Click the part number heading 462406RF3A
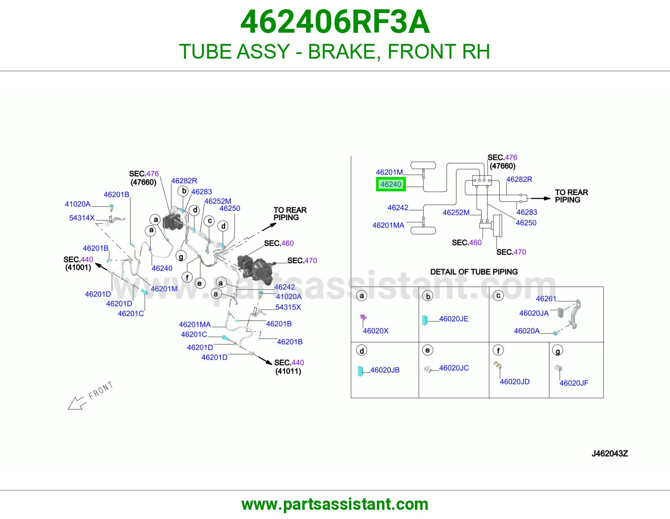point(335,22)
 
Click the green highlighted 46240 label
point(391,184)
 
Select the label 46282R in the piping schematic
point(519,180)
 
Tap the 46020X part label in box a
point(376,331)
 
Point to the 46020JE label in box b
point(454,319)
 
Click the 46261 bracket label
point(546,299)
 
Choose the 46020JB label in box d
point(385,370)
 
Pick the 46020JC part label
point(454,367)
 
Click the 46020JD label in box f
point(515,382)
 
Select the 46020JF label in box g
point(574,383)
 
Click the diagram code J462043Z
point(610,453)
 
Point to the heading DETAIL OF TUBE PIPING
point(474,272)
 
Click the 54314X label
point(82,218)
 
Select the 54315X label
point(288,307)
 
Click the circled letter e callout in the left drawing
point(199,283)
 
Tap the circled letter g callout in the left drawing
point(181,256)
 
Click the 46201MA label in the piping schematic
point(388,225)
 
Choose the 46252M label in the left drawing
point(218,201)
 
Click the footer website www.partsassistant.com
point(335,504)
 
